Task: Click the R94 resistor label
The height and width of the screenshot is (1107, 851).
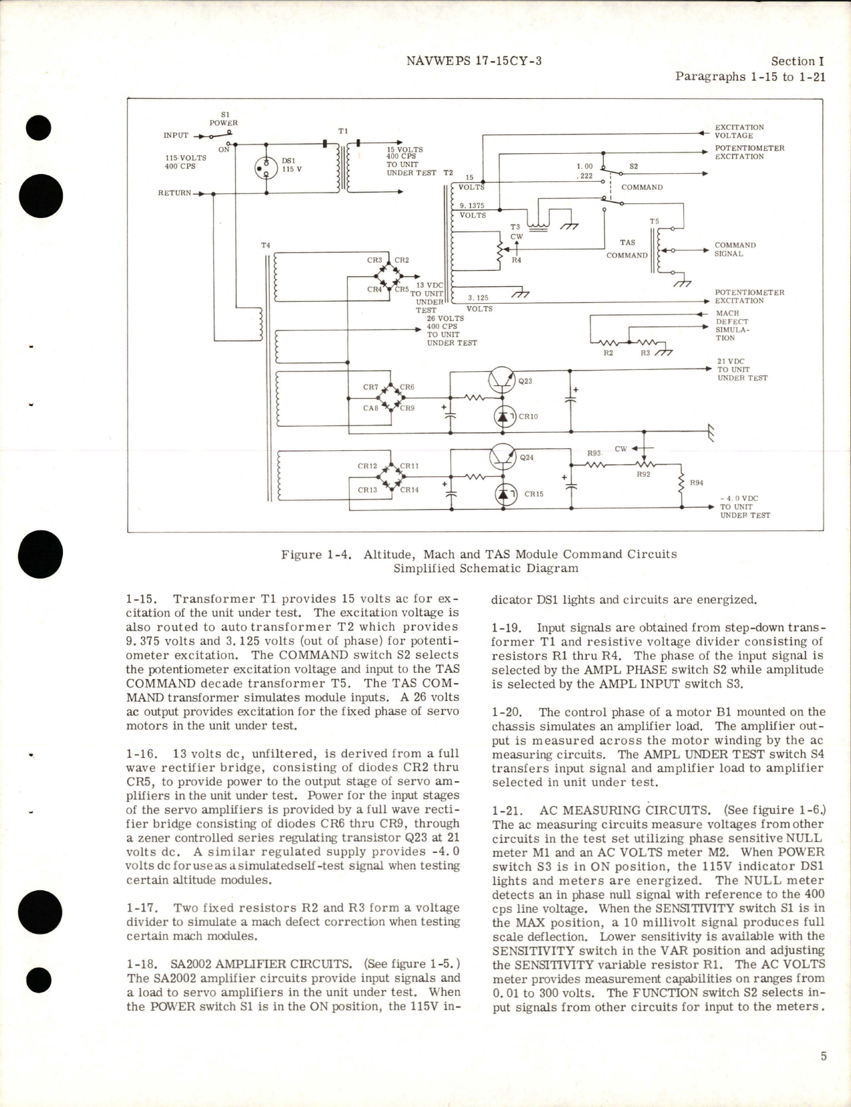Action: (697, 483)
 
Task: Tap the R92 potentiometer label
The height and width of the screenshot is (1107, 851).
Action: (643, 474)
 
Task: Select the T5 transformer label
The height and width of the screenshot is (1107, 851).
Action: (654, 221)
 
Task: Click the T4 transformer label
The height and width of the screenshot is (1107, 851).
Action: (265, 245)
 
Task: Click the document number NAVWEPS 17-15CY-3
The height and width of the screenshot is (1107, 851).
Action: (473, 61)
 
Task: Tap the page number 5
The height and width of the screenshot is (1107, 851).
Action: (824, 1056)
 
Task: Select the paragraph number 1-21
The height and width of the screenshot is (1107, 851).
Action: (505, 810)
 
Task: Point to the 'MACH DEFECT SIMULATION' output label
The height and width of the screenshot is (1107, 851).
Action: (732, 325)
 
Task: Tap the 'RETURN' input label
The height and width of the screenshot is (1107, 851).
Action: (174, 193)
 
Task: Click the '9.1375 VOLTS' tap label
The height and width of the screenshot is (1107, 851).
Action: (473, 211)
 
